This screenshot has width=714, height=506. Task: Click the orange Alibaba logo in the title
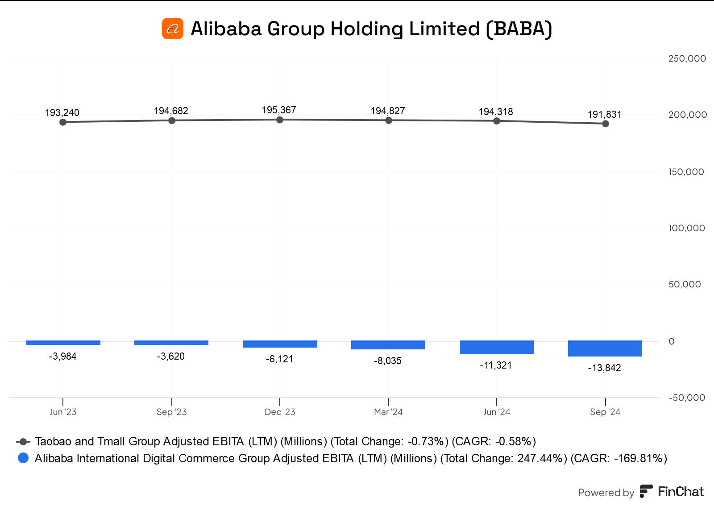tap(173, 29)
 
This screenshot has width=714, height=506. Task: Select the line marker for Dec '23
tap(280, 120)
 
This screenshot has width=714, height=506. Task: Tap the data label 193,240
tap(62, 112)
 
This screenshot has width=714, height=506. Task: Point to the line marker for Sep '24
tap(605, 124)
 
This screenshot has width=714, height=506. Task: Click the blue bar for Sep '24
tap(605, 348)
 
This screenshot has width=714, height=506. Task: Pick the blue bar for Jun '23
tap(63, 343)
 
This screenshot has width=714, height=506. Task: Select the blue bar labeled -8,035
tap(388, 345)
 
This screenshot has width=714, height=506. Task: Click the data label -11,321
tap(496, 365)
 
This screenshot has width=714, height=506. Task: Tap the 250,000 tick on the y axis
tap(687, 58)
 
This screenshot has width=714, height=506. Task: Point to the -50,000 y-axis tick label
tap(687, 398)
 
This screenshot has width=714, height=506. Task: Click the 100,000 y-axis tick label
tap(686, 228)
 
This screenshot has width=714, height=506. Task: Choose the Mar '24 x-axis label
tap(388, 412)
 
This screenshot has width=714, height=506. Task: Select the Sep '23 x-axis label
tap(171, 412)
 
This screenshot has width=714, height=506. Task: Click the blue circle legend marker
tap(23, 458)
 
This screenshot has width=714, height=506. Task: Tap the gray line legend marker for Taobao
tap(23, 441)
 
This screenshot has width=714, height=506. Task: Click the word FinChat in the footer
tap(681, 492)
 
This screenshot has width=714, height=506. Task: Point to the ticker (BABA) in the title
tap(519, 29)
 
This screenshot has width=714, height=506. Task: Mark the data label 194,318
tap(496, 112)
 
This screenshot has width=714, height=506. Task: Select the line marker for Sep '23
tap(172, 120)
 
